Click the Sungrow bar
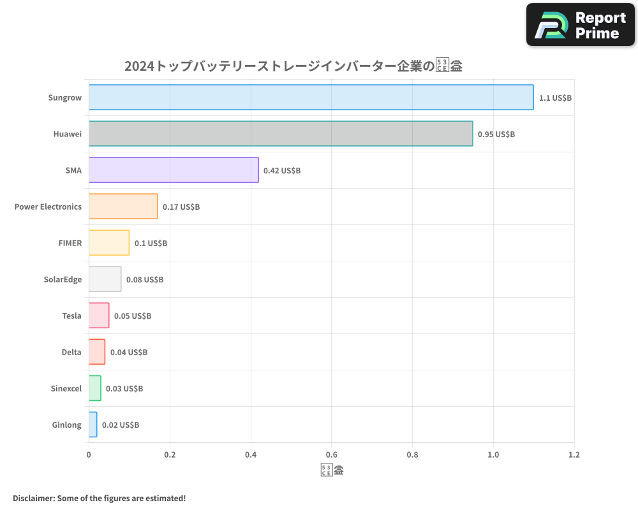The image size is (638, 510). tap(311, 97)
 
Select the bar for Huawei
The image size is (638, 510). tap(281, 133)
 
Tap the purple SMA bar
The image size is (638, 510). tap(174, 170)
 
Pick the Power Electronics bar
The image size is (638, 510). tap(123, 206)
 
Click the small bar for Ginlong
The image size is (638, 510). tap(93, 425)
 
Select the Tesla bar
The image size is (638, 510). tap(99, 316)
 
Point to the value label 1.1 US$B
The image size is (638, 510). tap(555, 98)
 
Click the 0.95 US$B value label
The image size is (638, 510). tap(496, 135)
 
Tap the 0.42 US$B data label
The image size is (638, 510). tap(281, 171)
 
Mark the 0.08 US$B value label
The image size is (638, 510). tap(144, 280)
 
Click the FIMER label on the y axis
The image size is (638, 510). tap(70, 243)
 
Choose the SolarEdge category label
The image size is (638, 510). tap(63, 279)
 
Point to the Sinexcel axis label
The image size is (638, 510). tap(66, 388)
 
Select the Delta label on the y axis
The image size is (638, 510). tap(71, 352)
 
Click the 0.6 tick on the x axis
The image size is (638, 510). tap(332, 455)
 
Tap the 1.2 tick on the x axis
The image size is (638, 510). tap(574, 455)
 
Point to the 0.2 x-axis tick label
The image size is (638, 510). tap(170, 455)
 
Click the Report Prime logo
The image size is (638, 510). tap(580, 25)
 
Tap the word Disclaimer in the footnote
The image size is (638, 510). tap(33, 498)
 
